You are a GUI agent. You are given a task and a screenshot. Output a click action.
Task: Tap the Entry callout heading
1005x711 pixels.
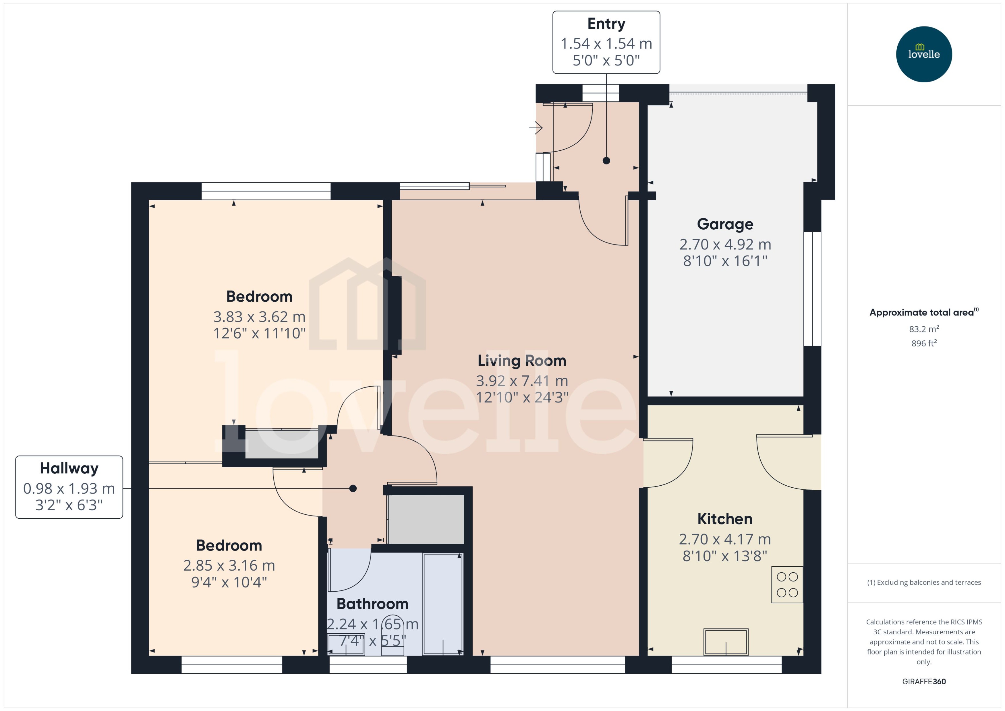[x=606, y=24]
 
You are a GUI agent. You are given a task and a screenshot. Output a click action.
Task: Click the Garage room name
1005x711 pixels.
[x=725, y=224]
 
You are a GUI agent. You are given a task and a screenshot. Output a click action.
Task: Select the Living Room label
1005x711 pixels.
[x=521, y=361]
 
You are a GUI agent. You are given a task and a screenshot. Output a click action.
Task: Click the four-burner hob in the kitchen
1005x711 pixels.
[x=787, y=585]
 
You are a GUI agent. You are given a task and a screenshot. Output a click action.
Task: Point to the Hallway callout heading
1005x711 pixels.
[x=69, y=468]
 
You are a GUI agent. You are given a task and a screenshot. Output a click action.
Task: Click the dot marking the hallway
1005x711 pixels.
[x=353, y=488]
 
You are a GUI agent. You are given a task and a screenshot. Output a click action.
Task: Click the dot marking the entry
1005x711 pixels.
[x=606, y=161]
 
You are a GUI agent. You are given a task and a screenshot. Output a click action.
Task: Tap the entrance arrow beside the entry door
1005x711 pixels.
[x=536, y=128]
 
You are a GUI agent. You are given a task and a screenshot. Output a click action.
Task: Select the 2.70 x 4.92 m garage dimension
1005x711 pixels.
[x=725, y=244]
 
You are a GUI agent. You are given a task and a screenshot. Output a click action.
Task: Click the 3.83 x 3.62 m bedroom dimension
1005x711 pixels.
[x=259, y=317]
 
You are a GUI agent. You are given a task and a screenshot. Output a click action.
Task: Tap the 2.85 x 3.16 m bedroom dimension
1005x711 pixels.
[x=229, y=566]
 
